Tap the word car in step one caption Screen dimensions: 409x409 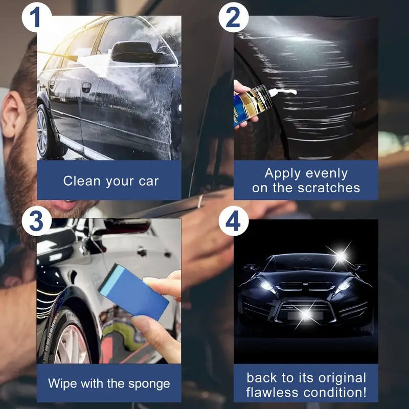pos(148,180)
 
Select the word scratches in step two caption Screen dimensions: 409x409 pos(329,188)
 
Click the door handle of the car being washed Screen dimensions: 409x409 pos(86,87)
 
